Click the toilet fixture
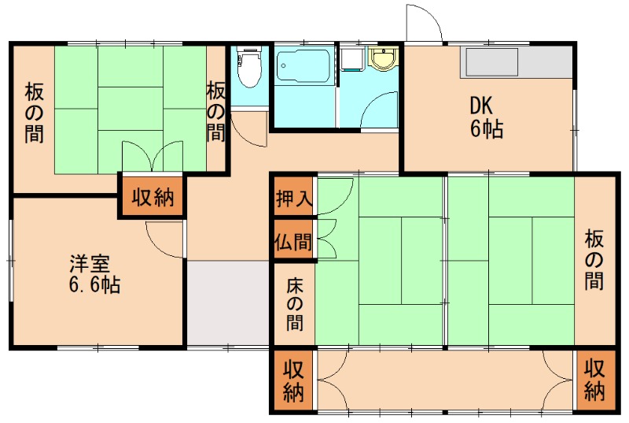tap(248, 66)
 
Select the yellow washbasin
tap(384, 58)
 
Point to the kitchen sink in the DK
tap(491, 61)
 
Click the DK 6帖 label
tap(487, 117)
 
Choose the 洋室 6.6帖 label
tap(92, 274)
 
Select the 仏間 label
tap(294, 242)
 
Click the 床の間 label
tap(294, 302)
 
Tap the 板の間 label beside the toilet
tap(216, 111)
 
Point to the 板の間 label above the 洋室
tap(33, 111)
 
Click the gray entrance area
tap(228, 302)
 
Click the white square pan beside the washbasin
tap(351, 59)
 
